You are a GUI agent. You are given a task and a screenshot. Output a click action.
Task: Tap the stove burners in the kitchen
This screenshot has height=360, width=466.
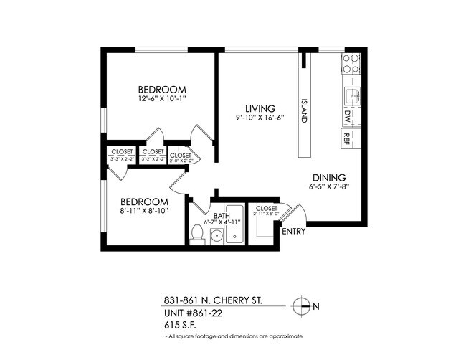click(x=351, y=64)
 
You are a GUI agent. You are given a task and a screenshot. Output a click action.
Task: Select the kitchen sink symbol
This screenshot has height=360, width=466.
click(x=351, y=95)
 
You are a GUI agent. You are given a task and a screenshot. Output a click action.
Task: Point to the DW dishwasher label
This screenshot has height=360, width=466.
click(x=347, y=115)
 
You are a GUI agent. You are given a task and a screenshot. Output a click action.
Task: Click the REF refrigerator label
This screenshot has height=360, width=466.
click(x=347, y=136)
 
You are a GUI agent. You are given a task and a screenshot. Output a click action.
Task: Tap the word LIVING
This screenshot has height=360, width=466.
click(x=255, y=108)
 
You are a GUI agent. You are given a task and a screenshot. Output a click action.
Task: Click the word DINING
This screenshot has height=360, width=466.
click(x=328, y=178)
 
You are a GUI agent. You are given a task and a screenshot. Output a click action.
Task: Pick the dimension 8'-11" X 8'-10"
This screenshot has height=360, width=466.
click(x=144, y=211)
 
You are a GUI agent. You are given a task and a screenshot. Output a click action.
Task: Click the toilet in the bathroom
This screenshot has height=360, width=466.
click(x=198, y=232)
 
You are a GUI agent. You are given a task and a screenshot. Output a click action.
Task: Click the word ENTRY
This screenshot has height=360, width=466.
click(x=294, y=232)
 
